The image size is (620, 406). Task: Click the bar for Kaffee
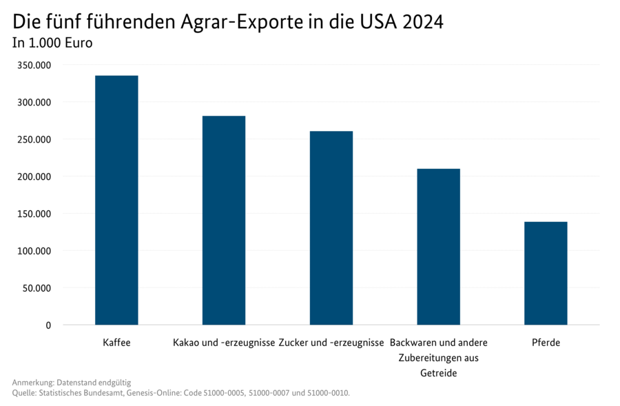[116, 200]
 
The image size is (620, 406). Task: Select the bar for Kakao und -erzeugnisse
[224, 221]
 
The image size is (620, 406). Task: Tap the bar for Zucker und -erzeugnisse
[331, 227]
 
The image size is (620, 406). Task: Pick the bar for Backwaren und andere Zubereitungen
[438, 247]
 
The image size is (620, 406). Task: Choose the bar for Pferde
[546, 273]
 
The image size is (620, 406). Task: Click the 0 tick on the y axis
[48, 325]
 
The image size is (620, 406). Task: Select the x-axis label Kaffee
[116, 343]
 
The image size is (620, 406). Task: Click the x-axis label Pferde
[546, 343]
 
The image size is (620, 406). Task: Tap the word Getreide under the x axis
[438, 374]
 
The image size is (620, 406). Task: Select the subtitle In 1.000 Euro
[52, 43]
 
